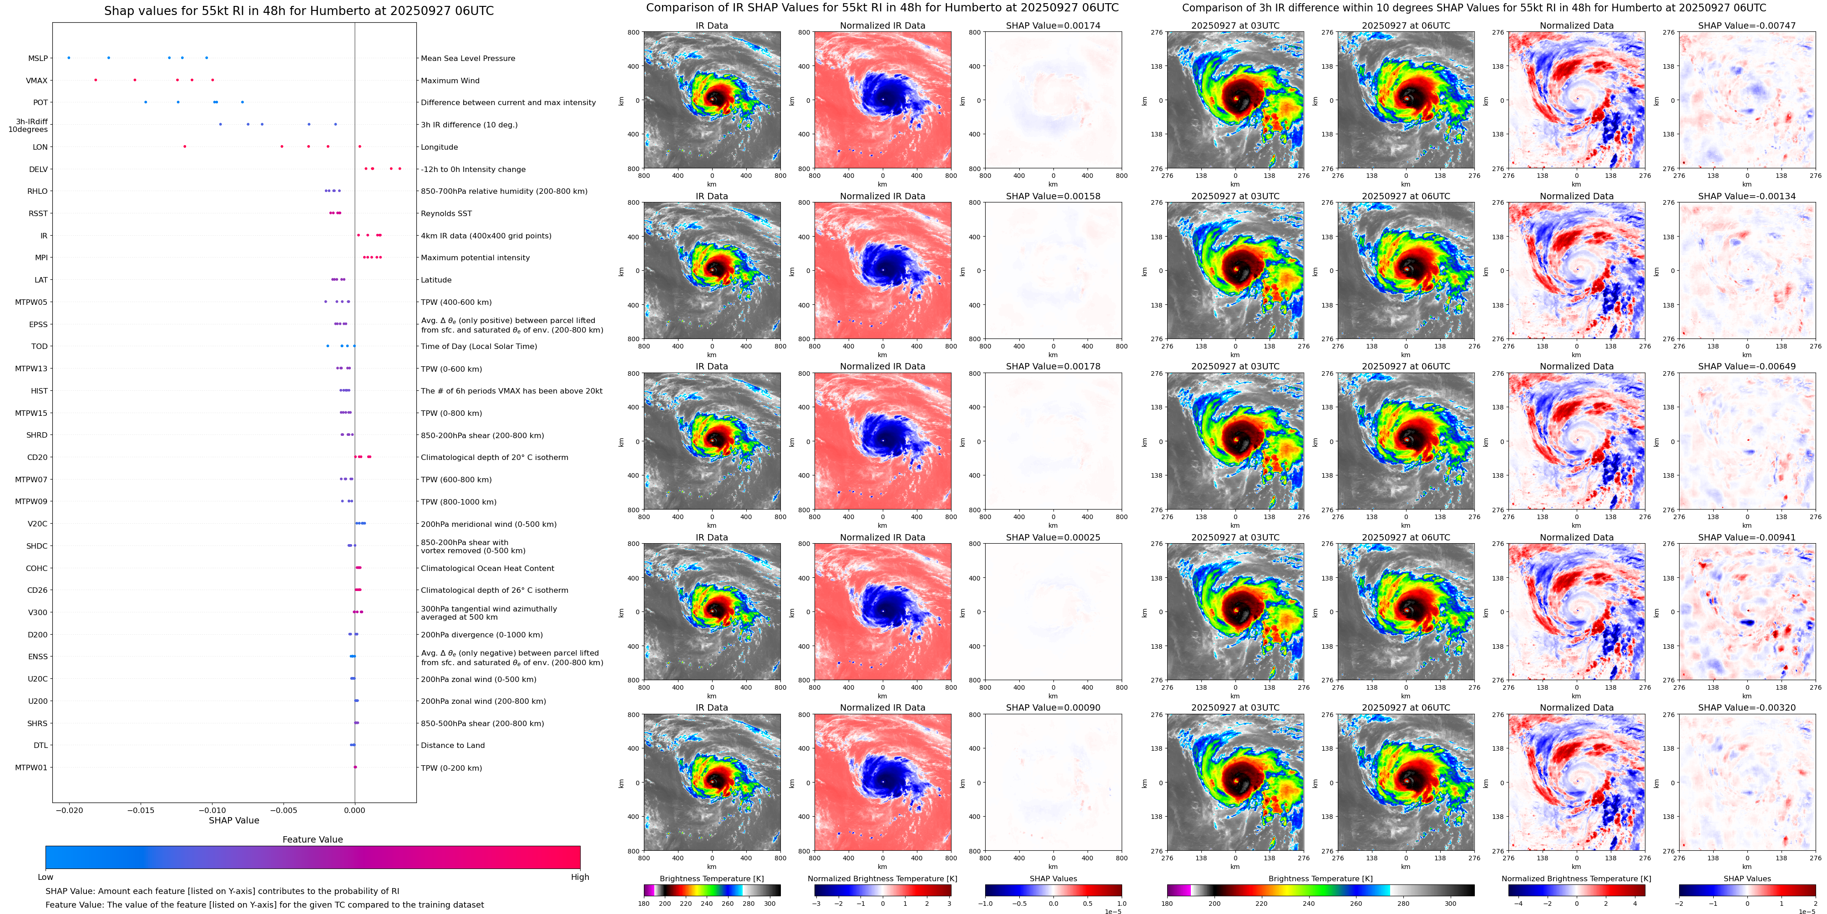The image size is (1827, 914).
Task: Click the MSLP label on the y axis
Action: pos(38,58)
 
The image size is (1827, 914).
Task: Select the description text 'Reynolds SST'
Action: pos(445,213)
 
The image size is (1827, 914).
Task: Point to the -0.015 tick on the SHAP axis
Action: pos(141,810)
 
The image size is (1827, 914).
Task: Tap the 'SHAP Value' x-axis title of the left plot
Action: pos(233,820)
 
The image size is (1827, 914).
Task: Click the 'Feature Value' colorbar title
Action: pos(312,839)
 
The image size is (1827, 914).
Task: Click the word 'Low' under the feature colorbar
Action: pos(46,877)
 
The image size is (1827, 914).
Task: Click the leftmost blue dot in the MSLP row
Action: pos(69,57)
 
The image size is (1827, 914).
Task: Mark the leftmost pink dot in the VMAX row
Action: pos(96,80)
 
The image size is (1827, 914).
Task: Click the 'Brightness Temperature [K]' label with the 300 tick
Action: pos(711,879)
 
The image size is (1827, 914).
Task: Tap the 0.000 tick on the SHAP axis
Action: pos(354,810)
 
